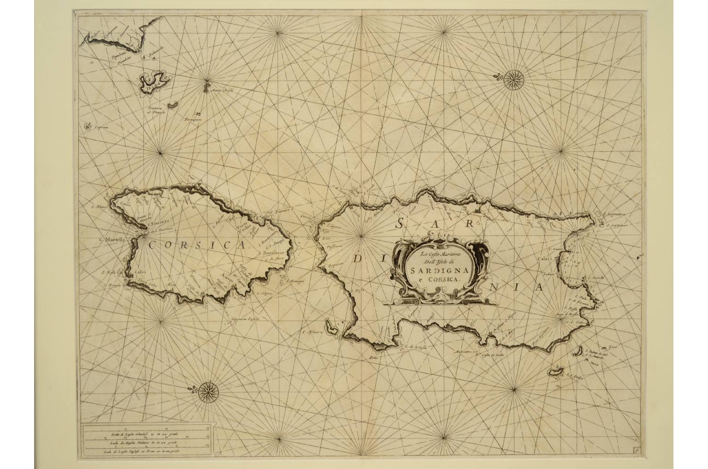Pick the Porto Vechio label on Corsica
243,227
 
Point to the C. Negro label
265,293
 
